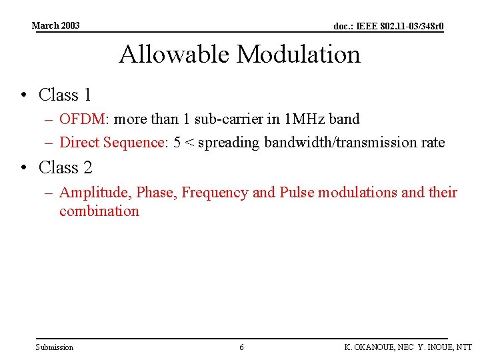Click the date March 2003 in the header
pyautogui.click(x=55, y=25)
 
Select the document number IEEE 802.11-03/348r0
pyautogui.click(x=388, y=27)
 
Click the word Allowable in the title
pyautogui.click(x=174, y=54)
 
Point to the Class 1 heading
pyautogui.click(x=65, y=95)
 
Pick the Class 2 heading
pyautogui.click(x=65, y=167)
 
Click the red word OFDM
pyautogui.click(x=82, y=119)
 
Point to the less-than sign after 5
pyautogui.click(x=189, y=143)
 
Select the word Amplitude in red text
pyautogui.click(x=95, y=193)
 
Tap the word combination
pyautogui.click(x=99, y=211)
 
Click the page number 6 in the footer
pyautogui.click(x=241, y=347)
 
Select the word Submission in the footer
pyautogui.click(x=55, y=347)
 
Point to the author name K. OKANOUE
pyautogui.click(x=369, y=347)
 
